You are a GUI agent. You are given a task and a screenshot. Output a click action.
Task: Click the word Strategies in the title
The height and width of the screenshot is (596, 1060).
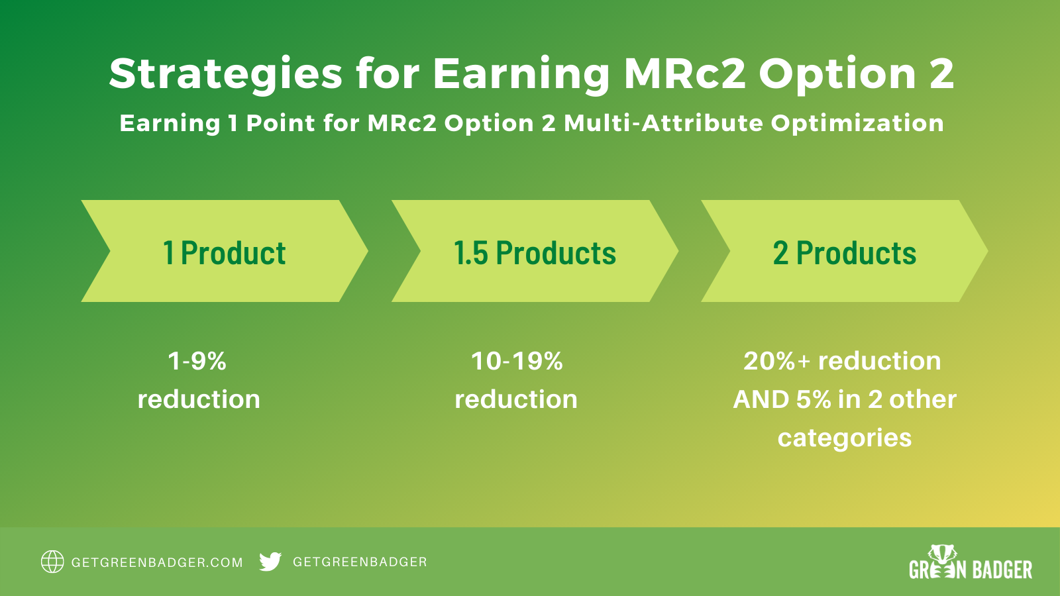tap(226, 74)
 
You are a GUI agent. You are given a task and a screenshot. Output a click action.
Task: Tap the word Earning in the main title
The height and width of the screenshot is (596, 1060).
tap(521, 74)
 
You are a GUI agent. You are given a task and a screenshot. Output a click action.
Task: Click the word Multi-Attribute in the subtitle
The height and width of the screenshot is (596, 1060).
tap(663, 123)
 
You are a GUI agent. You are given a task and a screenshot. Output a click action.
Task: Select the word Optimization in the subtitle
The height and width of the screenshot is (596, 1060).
tap(857, 124)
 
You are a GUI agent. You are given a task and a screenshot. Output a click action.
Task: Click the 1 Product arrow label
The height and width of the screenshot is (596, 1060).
tap(225, 252)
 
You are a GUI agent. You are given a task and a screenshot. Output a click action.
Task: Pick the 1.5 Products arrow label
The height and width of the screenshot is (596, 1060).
tap(535, 252)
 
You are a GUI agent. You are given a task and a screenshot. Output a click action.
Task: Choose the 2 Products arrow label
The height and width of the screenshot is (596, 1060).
tap(845, 252)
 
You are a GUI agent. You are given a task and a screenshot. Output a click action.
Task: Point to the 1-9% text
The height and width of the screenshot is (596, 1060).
tap(197, 361)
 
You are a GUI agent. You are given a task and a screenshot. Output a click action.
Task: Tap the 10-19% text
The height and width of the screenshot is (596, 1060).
tap(517, 361)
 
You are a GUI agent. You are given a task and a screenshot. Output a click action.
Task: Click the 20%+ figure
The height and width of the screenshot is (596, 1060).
tap(776, 361)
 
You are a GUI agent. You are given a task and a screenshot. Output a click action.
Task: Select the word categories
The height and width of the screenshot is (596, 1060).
tap(845, 438)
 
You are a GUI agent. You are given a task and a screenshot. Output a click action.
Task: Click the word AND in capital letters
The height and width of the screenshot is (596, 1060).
tap(761, 400)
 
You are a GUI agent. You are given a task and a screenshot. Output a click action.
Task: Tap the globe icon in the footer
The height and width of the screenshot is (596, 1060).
tap(52, 562)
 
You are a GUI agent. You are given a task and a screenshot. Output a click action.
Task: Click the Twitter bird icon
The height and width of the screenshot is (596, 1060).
tap(270, 562)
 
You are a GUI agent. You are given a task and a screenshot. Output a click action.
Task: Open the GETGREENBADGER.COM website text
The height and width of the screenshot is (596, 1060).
tap(156, 562)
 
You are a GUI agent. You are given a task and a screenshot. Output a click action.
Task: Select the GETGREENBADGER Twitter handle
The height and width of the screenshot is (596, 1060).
tap(360, 562)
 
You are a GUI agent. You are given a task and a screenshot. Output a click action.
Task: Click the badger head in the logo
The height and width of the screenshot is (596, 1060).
tap(942, 554)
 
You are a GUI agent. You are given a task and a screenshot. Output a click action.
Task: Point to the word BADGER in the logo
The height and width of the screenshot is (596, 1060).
tap(1002, 570)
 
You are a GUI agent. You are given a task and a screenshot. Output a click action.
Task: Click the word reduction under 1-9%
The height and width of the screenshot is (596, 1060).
tap(199, 400)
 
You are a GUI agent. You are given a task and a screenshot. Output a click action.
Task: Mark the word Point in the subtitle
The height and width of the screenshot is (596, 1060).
tap(281, 123)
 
